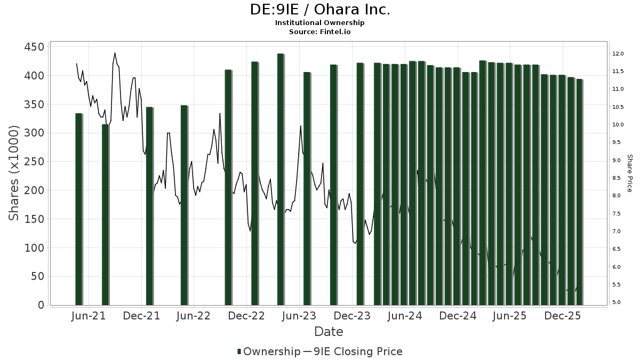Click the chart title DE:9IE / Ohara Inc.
coord(320,10)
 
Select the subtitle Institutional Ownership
coord(320,23)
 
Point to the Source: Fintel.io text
coord(320,31)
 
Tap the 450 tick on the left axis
coord(33,47)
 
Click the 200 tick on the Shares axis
coord(33,190)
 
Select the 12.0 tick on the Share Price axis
coord(618,54)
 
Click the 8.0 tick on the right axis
coord(618,196)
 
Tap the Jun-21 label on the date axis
coord(88,316)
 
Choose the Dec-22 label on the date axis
coord(246,316)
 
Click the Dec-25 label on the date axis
coord(563,316)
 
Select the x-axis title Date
coord(329,332)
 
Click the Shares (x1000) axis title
coord(14,173)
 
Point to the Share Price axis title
coord(629,173)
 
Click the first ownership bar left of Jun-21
coord(78,209)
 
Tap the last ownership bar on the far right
coord(579,192)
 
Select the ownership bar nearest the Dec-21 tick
coord(149,206)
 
